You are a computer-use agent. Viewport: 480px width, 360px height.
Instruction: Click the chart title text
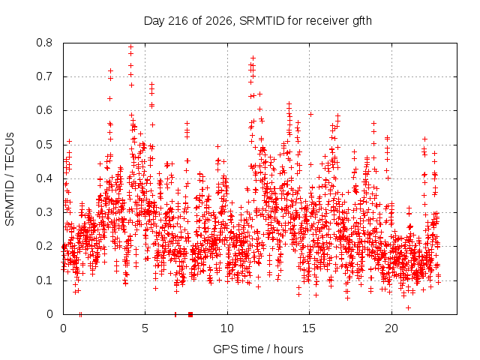(x=258, y=21)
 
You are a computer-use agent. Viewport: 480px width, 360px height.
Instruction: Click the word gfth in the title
(x=362, y=21)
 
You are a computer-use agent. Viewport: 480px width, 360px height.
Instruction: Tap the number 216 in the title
(x=178, y=21)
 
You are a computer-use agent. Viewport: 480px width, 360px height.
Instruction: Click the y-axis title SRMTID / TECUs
(x=10, y=179)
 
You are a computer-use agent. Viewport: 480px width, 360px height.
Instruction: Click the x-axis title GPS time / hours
(x=258, y=349)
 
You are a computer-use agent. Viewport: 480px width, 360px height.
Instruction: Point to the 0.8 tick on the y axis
(x=44, y=43)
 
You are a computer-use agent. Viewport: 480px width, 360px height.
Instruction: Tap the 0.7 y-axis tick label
(x=44, y=76)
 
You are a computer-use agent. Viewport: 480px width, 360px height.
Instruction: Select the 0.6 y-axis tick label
(x=44, y=110)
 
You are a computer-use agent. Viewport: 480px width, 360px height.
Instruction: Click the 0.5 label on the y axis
(x=44, y=145)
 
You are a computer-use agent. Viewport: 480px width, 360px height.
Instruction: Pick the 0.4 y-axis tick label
(x=44, y=178)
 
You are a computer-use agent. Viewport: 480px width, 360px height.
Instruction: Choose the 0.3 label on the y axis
(x=44, y=212)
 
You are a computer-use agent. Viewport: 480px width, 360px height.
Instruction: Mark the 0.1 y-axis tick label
(x=44, y=280)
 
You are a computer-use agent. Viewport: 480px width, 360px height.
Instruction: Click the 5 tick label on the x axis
(x=145, y=328)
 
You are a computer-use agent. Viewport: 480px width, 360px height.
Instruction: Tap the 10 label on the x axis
(x=227, y=328)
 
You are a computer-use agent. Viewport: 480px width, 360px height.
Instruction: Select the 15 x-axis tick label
(x=309, y=328)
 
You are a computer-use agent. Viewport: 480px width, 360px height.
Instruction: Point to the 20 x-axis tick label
(x=391, y=328)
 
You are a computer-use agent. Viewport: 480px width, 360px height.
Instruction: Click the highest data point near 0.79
(x=130, y=46)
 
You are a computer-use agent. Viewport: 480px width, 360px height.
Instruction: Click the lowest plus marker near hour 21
(x=408, y=307)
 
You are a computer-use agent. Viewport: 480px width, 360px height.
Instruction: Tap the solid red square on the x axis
(x=190, y=314)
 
